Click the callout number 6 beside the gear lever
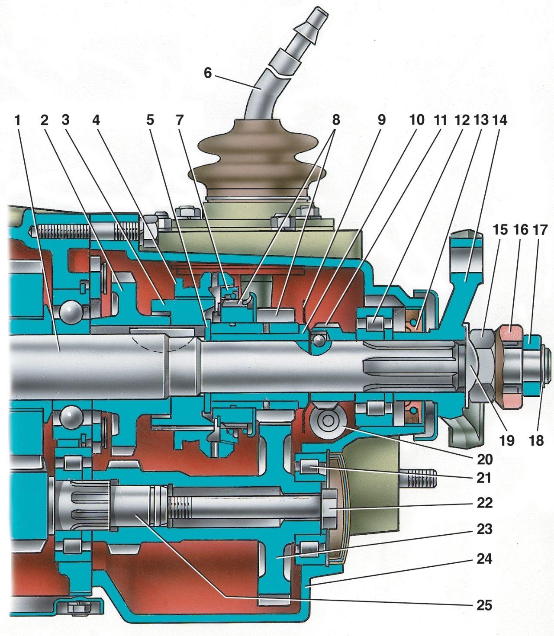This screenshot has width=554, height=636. click(x=208, y=73)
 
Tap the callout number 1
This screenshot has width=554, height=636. click(x=17, y=120)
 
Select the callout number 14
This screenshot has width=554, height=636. click(x=499, y=120)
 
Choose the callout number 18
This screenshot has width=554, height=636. click(x=537, y=440)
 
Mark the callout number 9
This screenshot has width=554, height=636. click(x=381, y=120)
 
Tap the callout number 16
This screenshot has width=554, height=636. click(x=520, y=230)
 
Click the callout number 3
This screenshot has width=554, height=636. click(x=65, y=120)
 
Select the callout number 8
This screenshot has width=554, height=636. click(x=336, y=120)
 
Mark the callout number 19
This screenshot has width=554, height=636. click(x=507, y=440)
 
